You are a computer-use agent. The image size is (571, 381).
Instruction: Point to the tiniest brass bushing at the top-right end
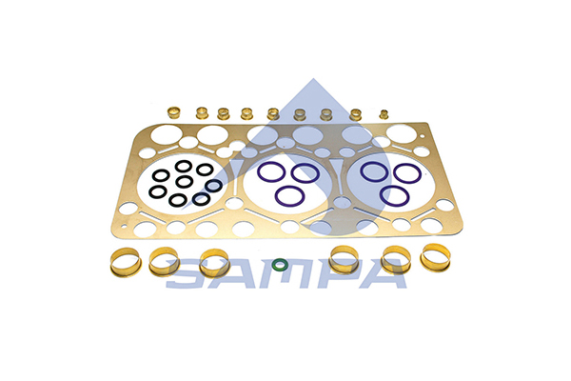384,114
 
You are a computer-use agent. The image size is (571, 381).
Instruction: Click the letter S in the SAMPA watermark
184,273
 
